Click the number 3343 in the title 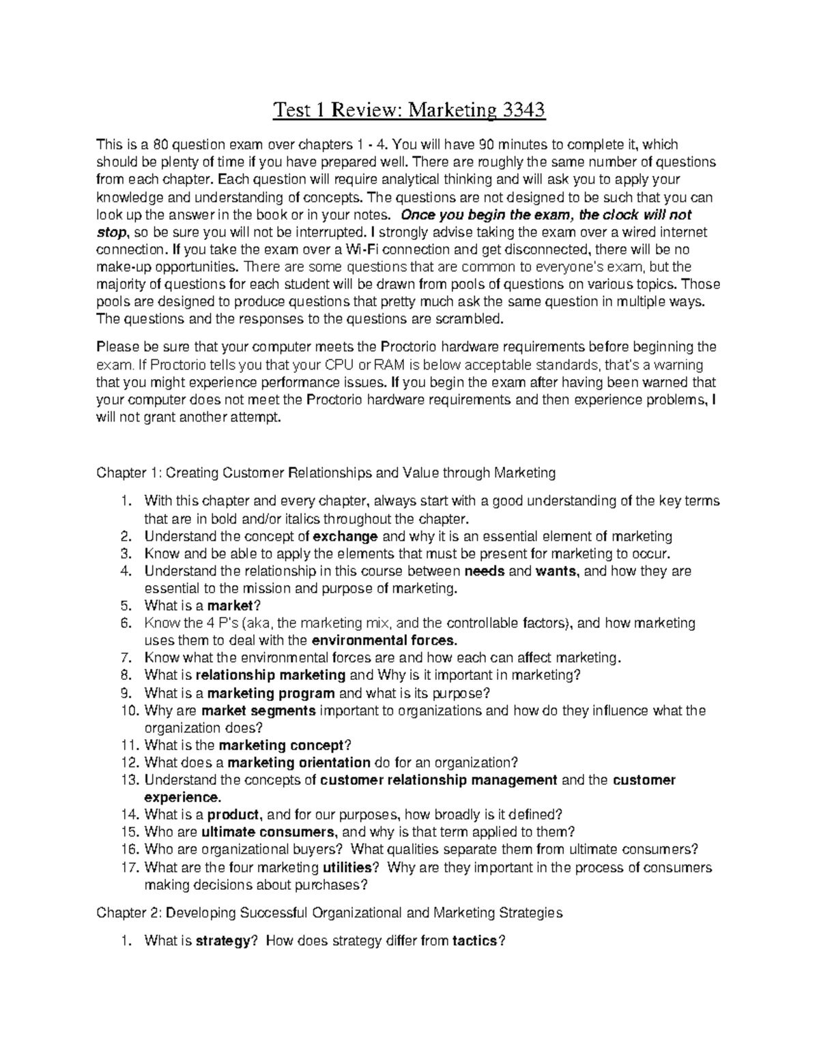pos(522,110)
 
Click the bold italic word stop pos(112,232)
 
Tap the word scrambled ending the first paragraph pos(470,319)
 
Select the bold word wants pos(558,571)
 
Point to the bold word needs pos(484,571)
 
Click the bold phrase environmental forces pos(384,640)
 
